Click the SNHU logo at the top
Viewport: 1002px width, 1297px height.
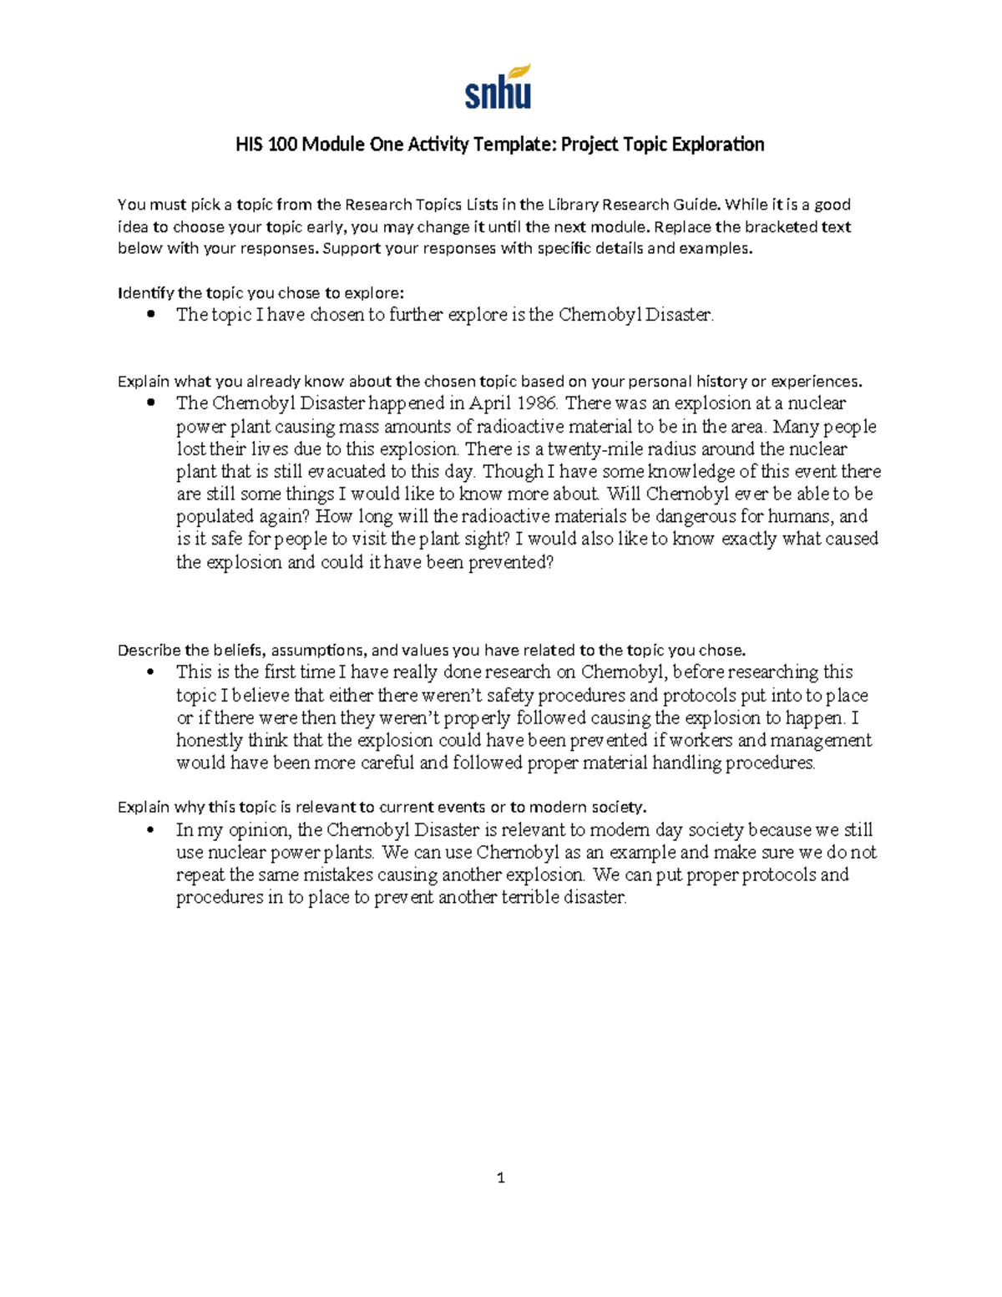point(498,87)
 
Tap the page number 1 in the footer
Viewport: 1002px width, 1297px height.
point(501,1178)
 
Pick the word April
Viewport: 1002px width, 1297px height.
point(492,403)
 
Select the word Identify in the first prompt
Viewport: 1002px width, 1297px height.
point(145,292)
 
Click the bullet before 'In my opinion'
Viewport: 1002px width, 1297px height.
point(150,830)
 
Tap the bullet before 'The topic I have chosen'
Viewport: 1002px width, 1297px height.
point(150,315)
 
